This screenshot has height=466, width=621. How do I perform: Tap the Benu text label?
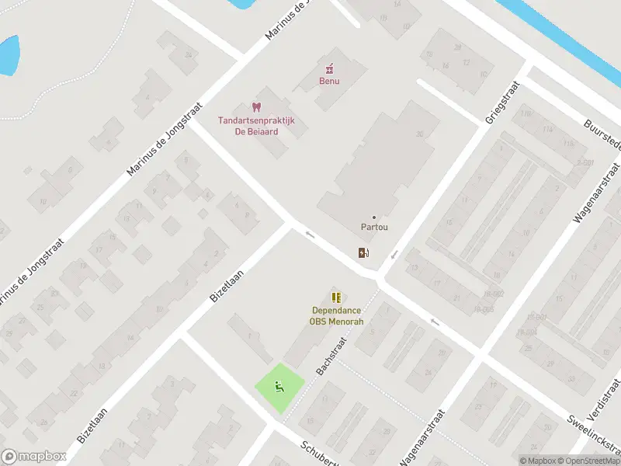329,80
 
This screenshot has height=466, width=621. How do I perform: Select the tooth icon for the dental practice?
256,107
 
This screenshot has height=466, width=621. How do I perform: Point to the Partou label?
374,228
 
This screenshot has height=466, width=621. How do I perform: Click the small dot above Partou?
374,217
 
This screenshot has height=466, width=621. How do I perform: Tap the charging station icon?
363,252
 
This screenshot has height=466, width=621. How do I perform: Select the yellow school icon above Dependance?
336,297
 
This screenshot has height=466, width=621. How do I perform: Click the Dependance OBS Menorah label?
336,316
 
